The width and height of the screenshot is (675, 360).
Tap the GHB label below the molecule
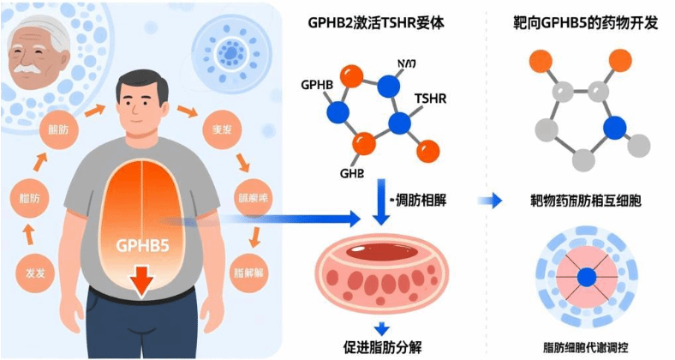(x=351, y=174)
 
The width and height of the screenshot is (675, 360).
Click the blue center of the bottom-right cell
(x=585, y=278)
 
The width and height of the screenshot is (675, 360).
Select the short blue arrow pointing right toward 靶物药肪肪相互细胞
(x=490, y=201)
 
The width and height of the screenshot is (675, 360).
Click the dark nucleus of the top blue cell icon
(x=229, y=54)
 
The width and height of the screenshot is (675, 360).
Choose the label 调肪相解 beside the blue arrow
(x=421, y=200)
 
